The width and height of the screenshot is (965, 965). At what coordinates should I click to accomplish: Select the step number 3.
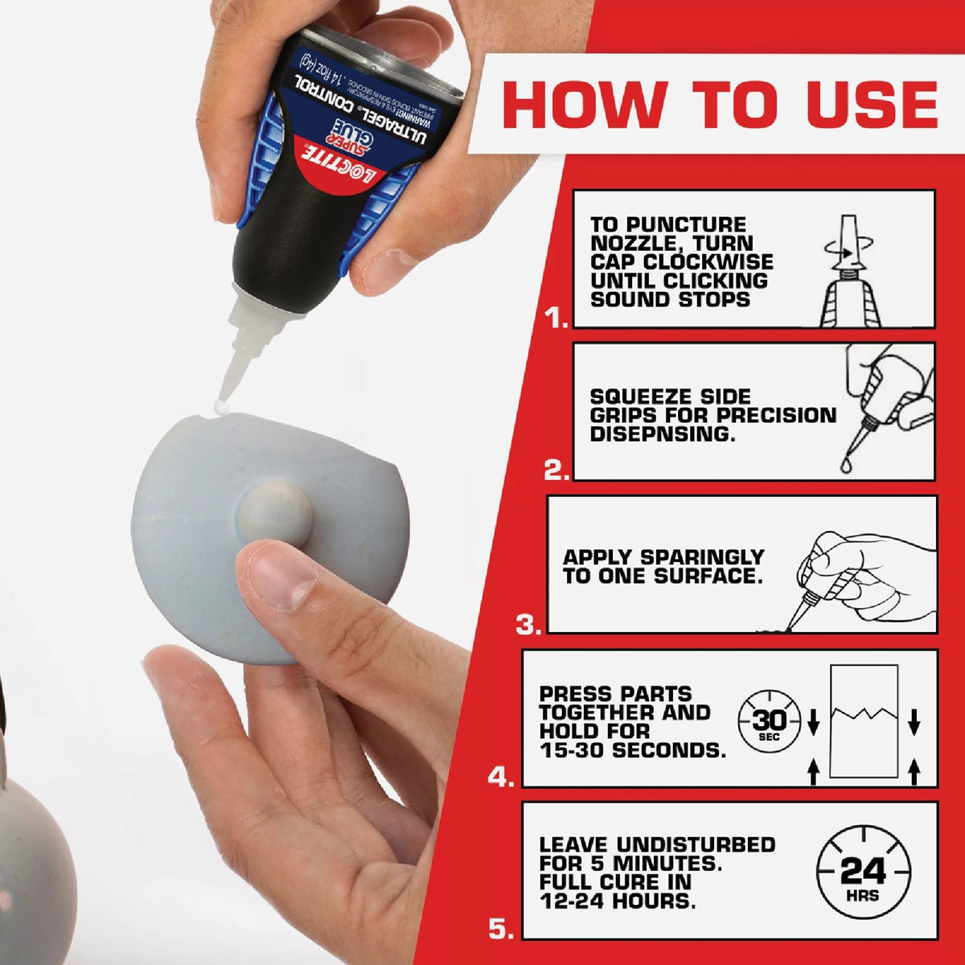click(528, 625)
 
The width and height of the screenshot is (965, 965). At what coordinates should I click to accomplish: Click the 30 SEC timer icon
click(770, 721)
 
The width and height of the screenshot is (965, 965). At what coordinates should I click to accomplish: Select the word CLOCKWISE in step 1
click(704, 262)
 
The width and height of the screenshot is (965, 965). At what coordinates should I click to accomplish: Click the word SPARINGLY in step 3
click(702, 557)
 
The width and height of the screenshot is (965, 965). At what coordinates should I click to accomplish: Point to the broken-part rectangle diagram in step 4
click(863, 721)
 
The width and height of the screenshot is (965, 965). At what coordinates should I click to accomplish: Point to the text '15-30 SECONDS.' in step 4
click(632, 750)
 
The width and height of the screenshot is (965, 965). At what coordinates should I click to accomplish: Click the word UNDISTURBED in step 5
click(696, 845)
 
